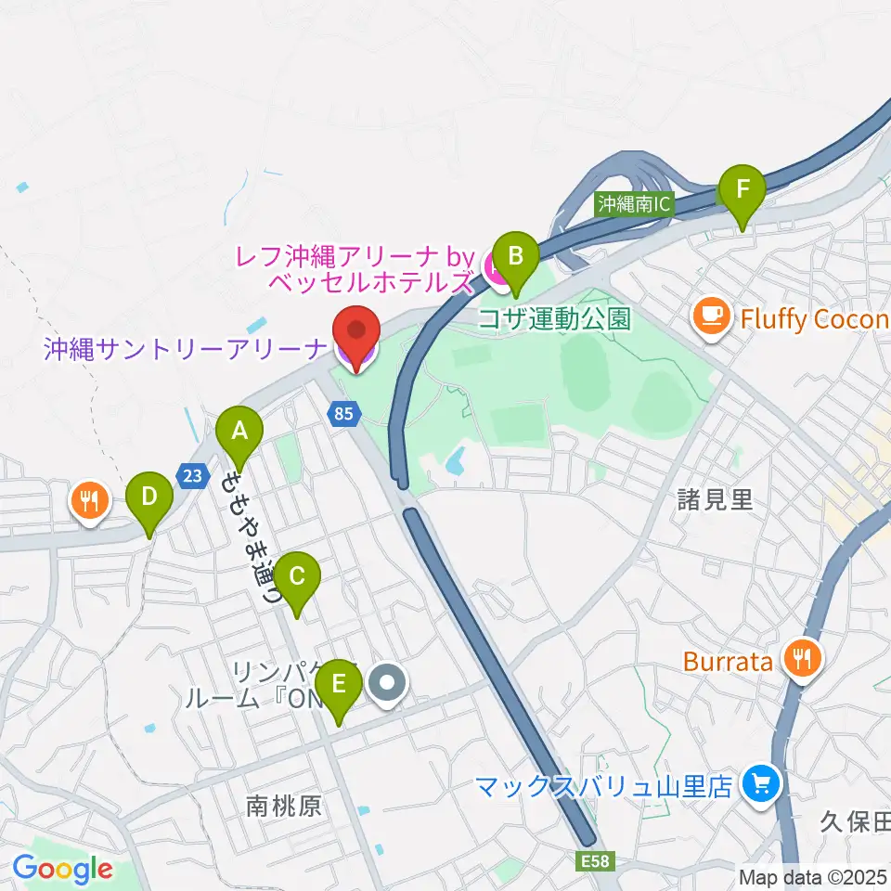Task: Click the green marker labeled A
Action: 239,433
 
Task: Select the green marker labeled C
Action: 296,577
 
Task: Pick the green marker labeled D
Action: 149,497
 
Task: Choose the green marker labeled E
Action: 338,687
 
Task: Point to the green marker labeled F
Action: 742,191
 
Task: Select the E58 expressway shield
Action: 599,861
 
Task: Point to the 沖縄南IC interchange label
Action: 633,203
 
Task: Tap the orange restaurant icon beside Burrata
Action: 798,660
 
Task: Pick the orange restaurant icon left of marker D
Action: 90,502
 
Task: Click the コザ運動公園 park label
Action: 553,319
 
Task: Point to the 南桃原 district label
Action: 284,805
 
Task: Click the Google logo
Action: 62,870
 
